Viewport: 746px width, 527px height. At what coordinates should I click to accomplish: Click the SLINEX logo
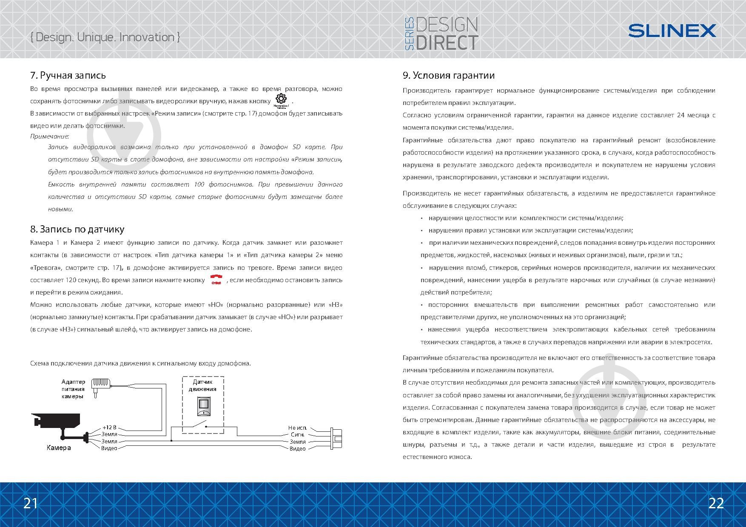pyautogui.click(x=672, y=31)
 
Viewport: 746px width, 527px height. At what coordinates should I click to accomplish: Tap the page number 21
pyautogui.click(x=31, y=503)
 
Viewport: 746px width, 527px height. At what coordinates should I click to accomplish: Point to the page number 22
pyautogui.click(x=716, y=503)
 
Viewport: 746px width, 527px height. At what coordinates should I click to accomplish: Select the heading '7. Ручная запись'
pyautogui.click(x=68, y=76)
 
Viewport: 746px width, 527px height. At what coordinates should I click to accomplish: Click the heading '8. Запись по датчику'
pyautogui.click(x=77, y=229)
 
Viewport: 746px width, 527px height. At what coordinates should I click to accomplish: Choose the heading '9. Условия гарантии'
pyautogui.click(x=449, y=76)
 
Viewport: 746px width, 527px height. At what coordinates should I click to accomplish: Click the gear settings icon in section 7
pyautogui.click(x=281, y=99)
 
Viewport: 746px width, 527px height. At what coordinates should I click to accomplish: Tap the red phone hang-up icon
pyautogui.click(x=216, y=280)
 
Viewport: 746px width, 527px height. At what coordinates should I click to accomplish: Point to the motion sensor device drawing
pyautogui.click(x=204, y=406)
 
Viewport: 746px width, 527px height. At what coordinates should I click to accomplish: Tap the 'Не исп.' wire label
pyautogui.click(x=297, y=428)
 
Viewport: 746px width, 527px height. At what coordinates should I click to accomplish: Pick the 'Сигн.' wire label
pyautogui.click(x=298, y=435)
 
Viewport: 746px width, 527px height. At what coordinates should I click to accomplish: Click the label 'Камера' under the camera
pyautogui.click(x=59, y=448)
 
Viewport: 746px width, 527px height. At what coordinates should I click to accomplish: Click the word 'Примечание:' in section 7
pyautogui.click(x=50, y=136)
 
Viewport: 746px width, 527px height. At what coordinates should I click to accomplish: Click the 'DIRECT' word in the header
pyautogui.click(x=447, y=42)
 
